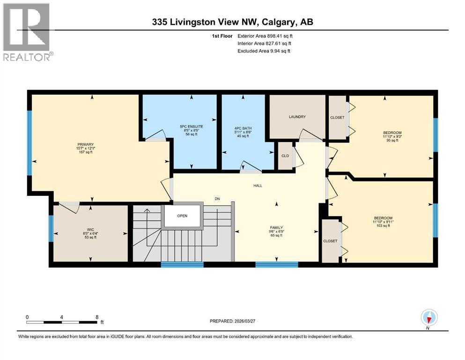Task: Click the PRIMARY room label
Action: [86, 144]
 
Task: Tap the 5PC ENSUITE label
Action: [191, 126]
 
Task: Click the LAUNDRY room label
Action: [297, 117]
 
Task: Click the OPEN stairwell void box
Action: [182, 216]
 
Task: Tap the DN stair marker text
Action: [217, 199]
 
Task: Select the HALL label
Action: [258, 186]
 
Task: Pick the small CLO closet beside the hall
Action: [285, 156]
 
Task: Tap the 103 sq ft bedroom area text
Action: [383, 226]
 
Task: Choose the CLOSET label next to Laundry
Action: [337, 118]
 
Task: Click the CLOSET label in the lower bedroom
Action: [330, 241]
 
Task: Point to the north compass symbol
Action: [429, 318]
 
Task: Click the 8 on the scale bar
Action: [97, 316]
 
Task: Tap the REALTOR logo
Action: [27, 31]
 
